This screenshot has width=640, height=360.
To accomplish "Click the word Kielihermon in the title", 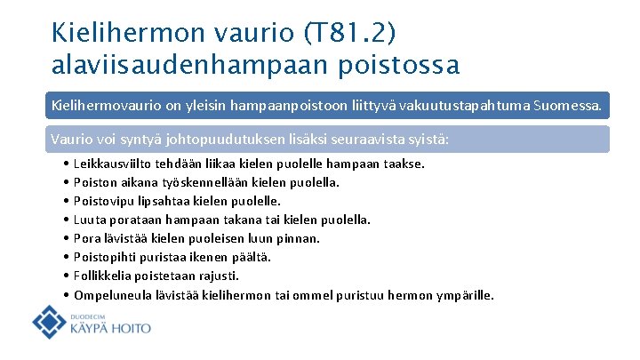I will coord(127,34).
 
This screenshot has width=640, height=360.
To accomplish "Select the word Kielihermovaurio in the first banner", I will coord(102,107).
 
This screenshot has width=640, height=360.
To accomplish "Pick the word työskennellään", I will coord(191,182).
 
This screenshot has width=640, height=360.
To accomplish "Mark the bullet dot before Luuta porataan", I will coord(68,220).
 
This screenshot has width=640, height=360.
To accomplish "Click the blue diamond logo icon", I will coord(49,322).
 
